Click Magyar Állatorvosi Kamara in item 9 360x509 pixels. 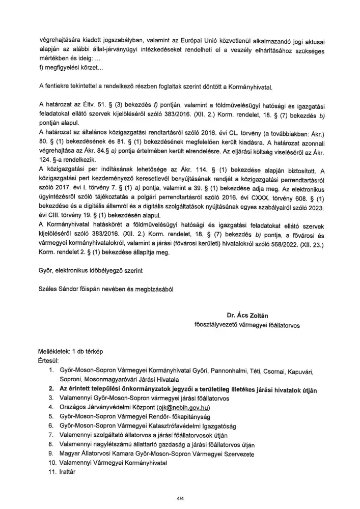(97, 454)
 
